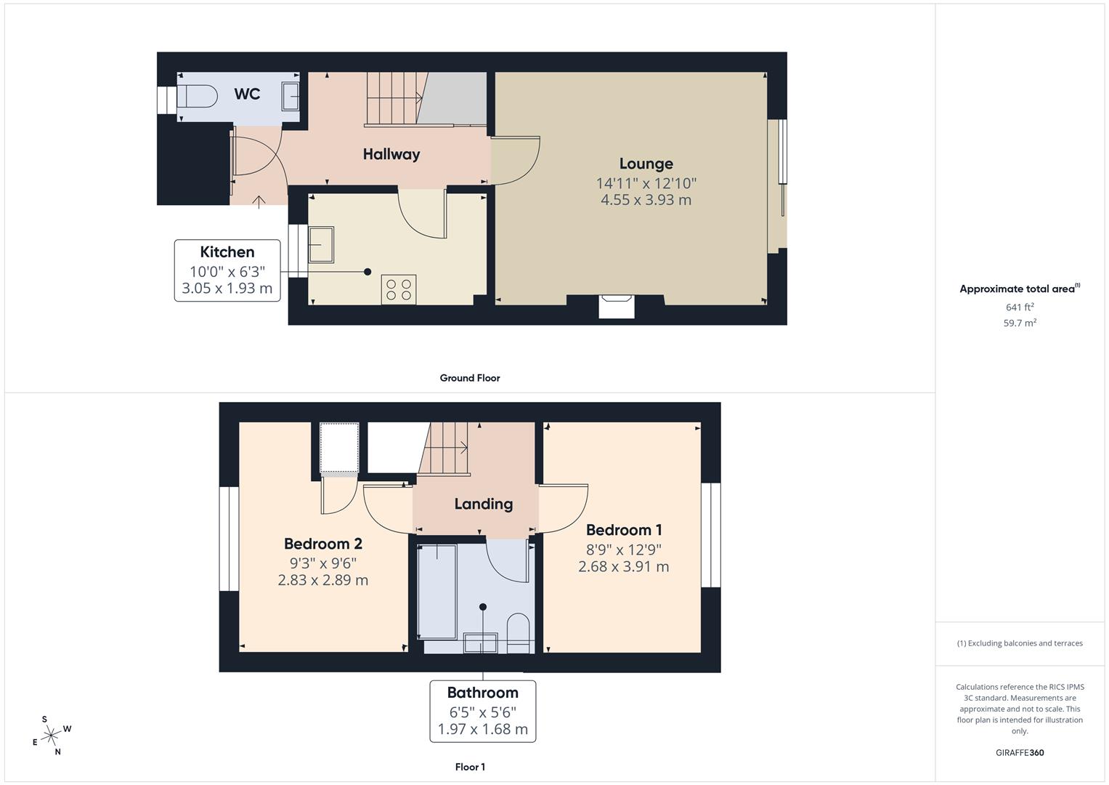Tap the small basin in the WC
[291, 95]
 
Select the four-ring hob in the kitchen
[399, 289]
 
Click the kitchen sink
[320, 244]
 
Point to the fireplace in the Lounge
[617, 306]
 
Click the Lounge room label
[646, 164]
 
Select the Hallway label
[391, 154]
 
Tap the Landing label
[484, 504]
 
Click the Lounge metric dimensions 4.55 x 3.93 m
[646, 200]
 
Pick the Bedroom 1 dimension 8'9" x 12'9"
[624, 549]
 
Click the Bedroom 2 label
[322, 544]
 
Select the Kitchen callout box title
[227, 252]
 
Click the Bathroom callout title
[482, 693]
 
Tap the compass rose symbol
[51, 736]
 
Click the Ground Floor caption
[470, 378]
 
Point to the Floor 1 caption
[470, 767]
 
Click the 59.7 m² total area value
[1020, 323]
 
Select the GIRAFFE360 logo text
[1020, 753]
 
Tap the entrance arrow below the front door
[259, 201]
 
